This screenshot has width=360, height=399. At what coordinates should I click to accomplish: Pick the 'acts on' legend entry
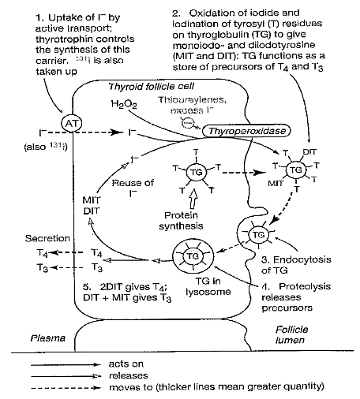122,365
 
